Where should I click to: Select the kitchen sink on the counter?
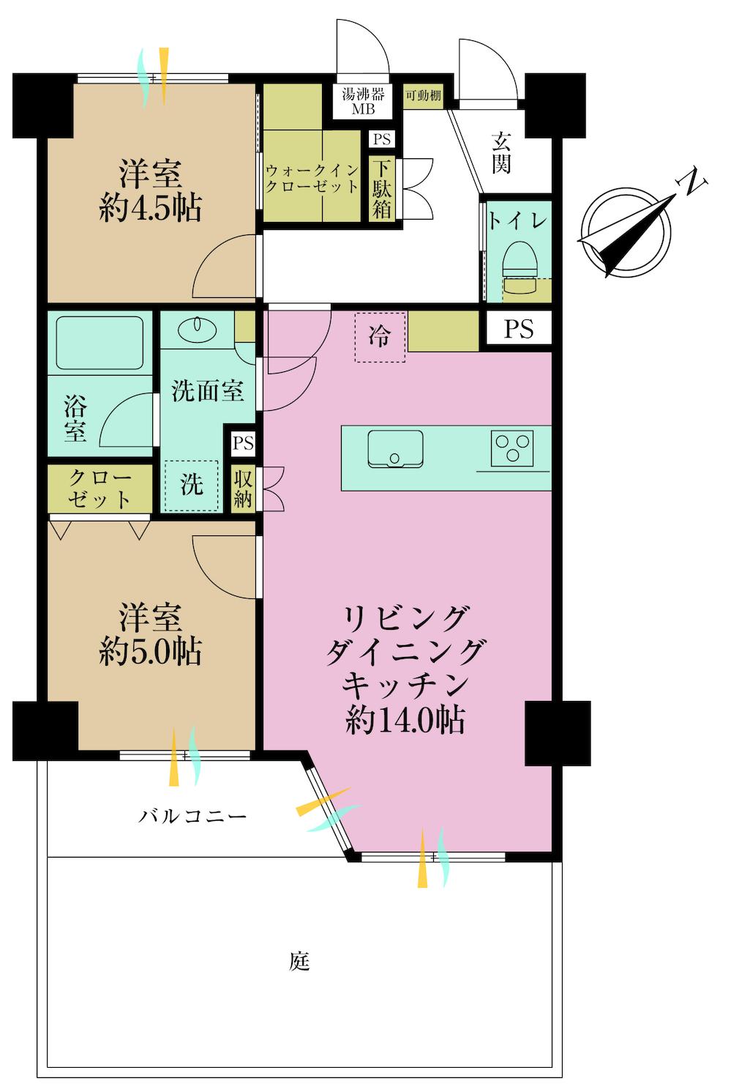(x=395, y=448)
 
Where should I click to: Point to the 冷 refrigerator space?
(x=379, y=337)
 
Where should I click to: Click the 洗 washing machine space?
(x=191, y=485)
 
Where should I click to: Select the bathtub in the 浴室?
(x=100, y=343)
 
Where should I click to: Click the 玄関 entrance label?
(x=501, y=152)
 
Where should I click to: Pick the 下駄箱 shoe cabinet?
(x=381, y=189)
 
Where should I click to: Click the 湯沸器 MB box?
(x=364, y=101)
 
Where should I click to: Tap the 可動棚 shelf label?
(x=423, y=96)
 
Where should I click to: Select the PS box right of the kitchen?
(x=519, y=329)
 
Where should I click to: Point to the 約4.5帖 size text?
(x=150, y=209)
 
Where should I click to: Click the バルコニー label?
(x=192, y=816)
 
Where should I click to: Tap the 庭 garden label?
(x=299, y=960)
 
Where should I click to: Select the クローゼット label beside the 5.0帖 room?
(x=100, y=489)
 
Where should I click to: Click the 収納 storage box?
(x=243, y=489)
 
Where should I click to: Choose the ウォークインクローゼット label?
(x=312, y=178)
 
